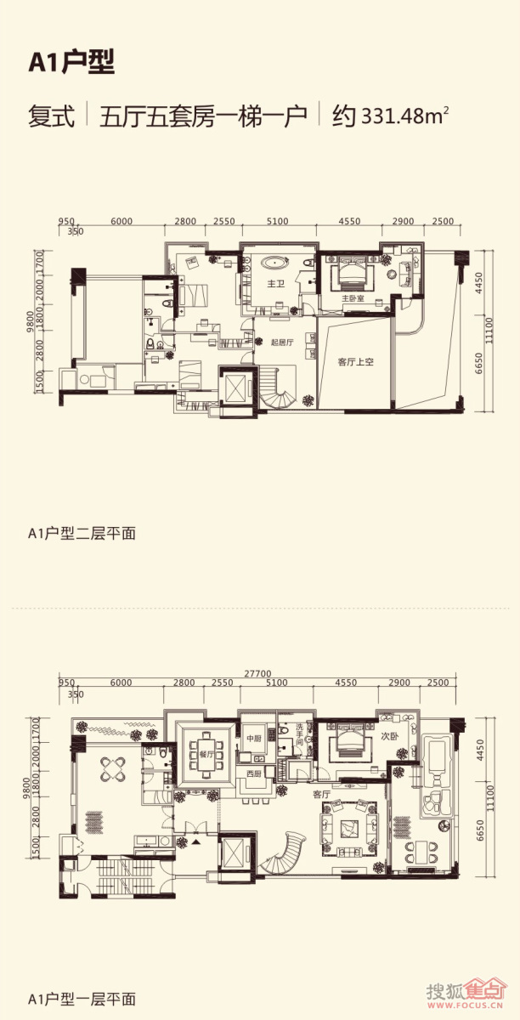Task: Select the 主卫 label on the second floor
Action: click(x=275, y=284)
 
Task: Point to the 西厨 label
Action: click(x=253, y=773)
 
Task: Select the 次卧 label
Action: click(x=389, y=736)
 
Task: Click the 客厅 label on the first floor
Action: click(x=320, y=794)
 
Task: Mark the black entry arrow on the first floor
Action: click(x=196, y=841)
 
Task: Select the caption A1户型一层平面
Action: click(x=82, y=999)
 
